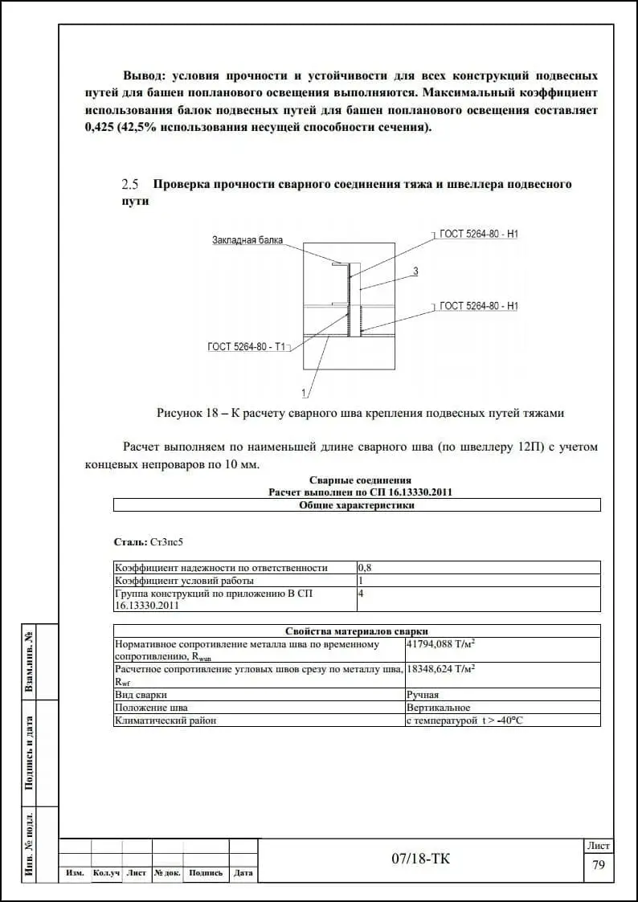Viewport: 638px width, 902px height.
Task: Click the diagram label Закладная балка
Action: pyautogui.click(x=247, y=240)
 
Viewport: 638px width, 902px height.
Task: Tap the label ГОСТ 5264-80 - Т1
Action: pyautogui.click(x=247, y=347)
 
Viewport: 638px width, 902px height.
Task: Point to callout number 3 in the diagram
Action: pyautogui.click(x=415, y=271)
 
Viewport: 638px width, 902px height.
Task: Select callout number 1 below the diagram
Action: pyautogui.click(x=304, y=393)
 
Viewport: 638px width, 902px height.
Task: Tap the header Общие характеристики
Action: pyautogui.click(x=357, y=505)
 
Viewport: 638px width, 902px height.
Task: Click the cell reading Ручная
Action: pyautogui.click(x=423, y=694)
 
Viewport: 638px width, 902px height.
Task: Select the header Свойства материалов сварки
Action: pyautogui.click(x=357, y=631)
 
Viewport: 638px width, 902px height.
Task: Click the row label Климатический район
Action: pyautogui.click(x=166, y=720)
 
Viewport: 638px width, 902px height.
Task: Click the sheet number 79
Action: pyautogui.click(x=598, y=865)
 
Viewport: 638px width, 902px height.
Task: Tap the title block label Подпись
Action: pyautogui.click(x=206, y=873)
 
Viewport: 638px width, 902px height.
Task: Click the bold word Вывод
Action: pyautogui.click(x=144, y=75)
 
